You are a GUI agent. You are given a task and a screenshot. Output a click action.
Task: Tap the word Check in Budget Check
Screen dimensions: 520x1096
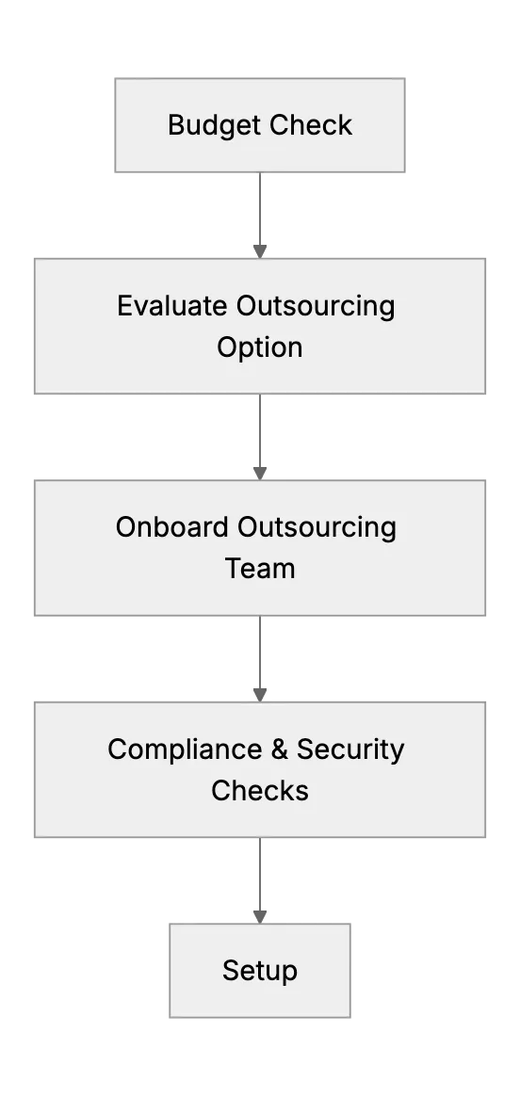311,125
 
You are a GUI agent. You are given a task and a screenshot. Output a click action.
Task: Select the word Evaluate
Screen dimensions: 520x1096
172,306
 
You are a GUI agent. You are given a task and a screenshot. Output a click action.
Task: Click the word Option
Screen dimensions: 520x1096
260,347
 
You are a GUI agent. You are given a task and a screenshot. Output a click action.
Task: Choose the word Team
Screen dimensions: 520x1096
260,569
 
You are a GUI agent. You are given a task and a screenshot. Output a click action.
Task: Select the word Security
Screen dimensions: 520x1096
350,750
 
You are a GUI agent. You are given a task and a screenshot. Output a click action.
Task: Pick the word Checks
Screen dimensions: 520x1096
260,791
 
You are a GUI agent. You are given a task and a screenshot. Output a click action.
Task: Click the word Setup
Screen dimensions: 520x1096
260,972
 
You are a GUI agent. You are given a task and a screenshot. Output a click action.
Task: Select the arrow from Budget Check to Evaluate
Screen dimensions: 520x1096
260,216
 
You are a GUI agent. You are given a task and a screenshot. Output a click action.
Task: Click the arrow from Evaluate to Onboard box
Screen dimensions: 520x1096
260,437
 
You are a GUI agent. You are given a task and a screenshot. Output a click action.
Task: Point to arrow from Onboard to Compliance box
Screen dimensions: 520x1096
260,658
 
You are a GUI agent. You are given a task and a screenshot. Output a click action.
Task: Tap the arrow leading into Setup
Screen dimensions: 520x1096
260,880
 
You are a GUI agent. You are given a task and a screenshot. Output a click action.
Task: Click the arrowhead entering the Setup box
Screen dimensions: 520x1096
260,916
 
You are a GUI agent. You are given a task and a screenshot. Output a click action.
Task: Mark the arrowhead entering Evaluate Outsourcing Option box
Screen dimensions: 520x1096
260,251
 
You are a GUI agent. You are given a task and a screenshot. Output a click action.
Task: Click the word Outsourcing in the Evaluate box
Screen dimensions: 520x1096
316,307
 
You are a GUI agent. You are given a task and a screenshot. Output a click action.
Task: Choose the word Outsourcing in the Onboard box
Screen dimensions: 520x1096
317,527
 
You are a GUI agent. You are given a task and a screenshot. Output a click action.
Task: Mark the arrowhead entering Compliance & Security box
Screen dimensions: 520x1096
260,695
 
